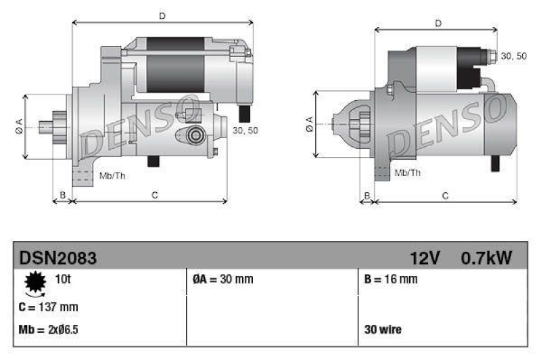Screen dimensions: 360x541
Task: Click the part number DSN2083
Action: point(57,258)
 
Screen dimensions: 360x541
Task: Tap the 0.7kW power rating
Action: point(486,258)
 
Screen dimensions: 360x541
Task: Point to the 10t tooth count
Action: point(62,279)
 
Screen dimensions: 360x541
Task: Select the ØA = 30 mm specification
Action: point(218,279)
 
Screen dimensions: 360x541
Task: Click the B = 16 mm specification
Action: point(390,279)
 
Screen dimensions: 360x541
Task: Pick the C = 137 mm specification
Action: point(49,307)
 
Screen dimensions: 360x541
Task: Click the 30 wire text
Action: point(383,330)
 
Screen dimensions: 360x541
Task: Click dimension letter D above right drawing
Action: point(438,24)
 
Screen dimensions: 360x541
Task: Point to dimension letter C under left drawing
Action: point(155,196)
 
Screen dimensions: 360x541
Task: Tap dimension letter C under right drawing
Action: point(445,196)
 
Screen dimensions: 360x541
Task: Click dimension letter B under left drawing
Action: point(62,196)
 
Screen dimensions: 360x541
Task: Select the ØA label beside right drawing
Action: point(309,123)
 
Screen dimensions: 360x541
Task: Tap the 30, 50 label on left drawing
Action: point(245,131)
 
